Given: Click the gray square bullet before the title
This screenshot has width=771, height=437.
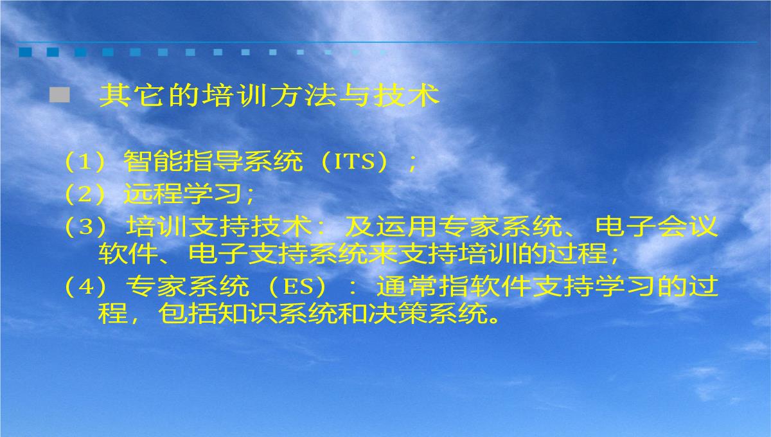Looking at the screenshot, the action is [60, 95].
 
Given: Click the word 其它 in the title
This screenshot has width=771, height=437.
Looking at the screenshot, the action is [131, 95].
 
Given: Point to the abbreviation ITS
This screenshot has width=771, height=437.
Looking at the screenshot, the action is [354, 161].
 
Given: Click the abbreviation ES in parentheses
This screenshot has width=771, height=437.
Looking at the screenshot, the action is [298, 287].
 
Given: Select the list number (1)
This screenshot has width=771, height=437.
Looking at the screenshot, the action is [85, 161].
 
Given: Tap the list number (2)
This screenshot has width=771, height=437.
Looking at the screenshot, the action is [85, 193].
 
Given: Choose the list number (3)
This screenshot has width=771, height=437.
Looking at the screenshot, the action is [85, 227].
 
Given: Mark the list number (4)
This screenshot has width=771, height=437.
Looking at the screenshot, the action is [85, 287].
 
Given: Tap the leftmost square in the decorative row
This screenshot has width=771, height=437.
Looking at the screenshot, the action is [25, 52].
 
